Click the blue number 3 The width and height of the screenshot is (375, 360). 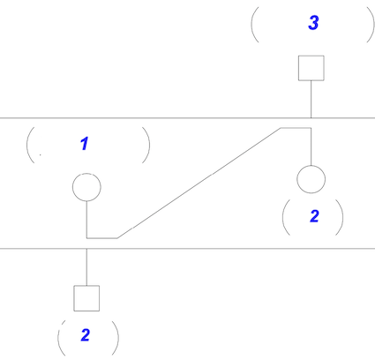313,23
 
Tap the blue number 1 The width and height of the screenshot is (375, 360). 85,144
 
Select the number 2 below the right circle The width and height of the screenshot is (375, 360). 314,216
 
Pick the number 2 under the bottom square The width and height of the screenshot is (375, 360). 86,335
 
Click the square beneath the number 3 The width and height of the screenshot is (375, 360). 311,68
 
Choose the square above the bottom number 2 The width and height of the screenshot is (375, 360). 86,298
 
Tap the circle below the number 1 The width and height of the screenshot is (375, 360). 86,187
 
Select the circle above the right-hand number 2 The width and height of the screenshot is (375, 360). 311,179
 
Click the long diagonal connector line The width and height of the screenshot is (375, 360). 199,183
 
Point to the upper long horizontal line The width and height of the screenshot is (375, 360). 187,118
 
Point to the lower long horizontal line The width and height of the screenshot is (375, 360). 187,249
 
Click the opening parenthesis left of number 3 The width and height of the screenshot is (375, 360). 255,25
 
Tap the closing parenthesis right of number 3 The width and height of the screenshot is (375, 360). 371,25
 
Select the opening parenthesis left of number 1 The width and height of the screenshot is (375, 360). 30,145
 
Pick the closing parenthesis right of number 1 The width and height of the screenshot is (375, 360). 146,145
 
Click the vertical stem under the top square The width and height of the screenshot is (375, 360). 311,99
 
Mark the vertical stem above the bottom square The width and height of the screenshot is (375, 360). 86,267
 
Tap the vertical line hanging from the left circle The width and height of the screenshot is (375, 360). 86,220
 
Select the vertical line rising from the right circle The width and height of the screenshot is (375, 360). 311,146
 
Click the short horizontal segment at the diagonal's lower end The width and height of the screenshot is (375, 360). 102,238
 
